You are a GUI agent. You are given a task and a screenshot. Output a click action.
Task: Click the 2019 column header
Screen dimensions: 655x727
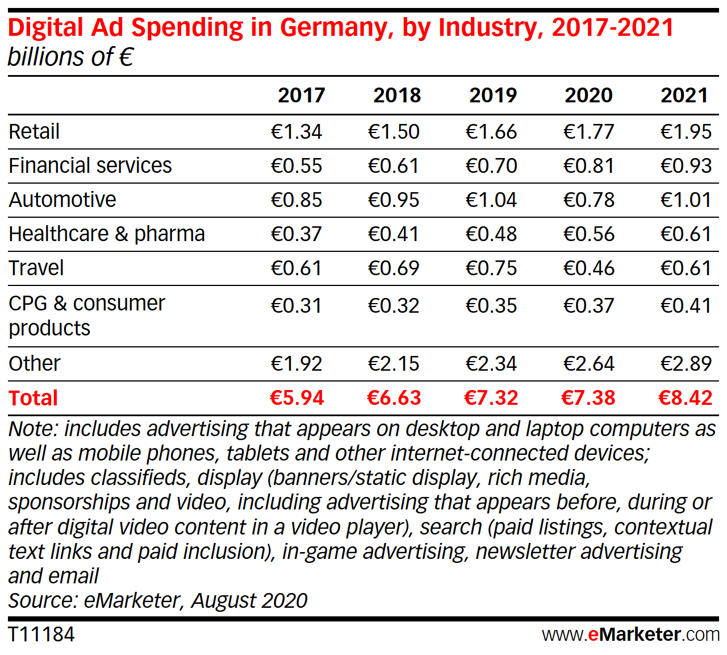point(492,95)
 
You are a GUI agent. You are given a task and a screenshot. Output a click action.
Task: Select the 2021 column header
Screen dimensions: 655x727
point(684,95)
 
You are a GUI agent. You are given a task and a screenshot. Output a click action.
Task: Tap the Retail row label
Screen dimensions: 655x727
point(34,131)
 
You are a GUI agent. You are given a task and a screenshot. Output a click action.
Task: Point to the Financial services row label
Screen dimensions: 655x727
point(90,165)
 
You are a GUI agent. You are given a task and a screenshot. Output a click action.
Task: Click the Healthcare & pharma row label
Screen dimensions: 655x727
point(107,234)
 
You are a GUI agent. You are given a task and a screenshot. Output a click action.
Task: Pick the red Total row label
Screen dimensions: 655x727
point(34,398)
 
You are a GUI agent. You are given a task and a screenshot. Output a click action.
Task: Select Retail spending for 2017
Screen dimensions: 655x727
point(296,131)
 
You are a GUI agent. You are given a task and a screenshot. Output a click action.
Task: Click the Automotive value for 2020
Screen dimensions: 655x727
point(588,200)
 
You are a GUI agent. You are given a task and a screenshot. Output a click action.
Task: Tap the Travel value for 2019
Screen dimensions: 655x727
point(491,268)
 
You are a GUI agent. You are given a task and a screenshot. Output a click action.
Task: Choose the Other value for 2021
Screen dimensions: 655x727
point(686,363)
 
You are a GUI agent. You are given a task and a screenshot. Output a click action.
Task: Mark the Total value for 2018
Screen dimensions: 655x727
point(394,398)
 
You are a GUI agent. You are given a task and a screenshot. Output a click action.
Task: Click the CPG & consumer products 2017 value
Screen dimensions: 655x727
point(296,305)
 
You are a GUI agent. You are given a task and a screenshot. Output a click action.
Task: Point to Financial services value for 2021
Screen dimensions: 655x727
point(686,165)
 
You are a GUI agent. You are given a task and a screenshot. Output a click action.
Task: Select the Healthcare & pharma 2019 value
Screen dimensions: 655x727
point(491,234)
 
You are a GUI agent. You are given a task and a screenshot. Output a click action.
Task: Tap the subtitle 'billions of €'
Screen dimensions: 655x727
point(70,57)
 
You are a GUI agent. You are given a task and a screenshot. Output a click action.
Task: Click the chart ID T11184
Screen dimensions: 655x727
point(41,634)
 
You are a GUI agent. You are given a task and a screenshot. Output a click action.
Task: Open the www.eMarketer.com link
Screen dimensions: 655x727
point(630,634)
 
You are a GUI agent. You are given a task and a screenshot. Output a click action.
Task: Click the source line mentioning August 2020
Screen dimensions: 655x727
point(158,600)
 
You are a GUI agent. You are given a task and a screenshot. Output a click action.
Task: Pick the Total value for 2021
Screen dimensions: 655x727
point(685,398)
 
